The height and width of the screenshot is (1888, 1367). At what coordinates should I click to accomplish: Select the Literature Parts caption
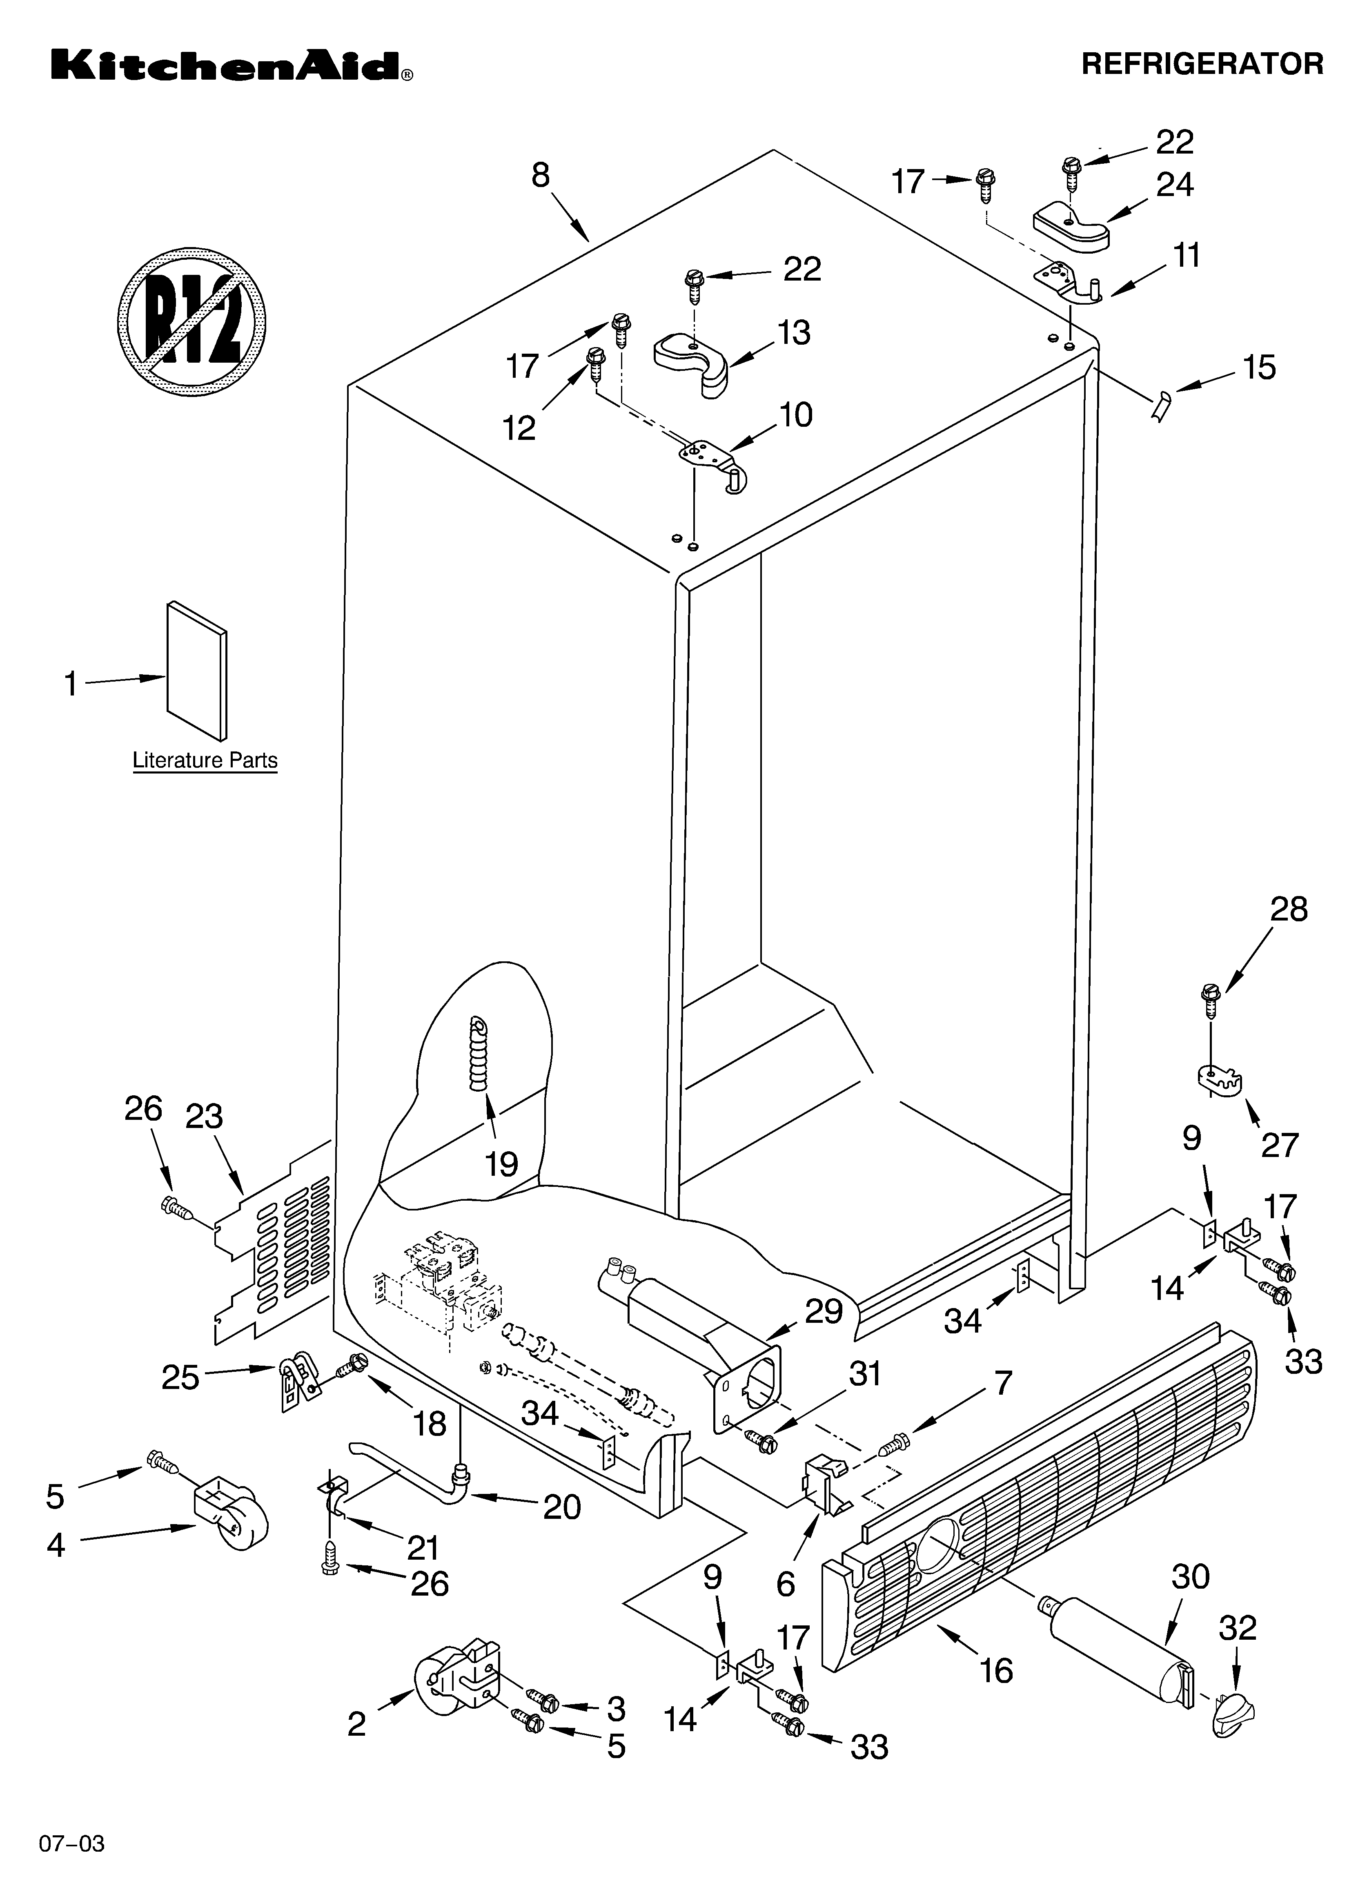205,760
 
